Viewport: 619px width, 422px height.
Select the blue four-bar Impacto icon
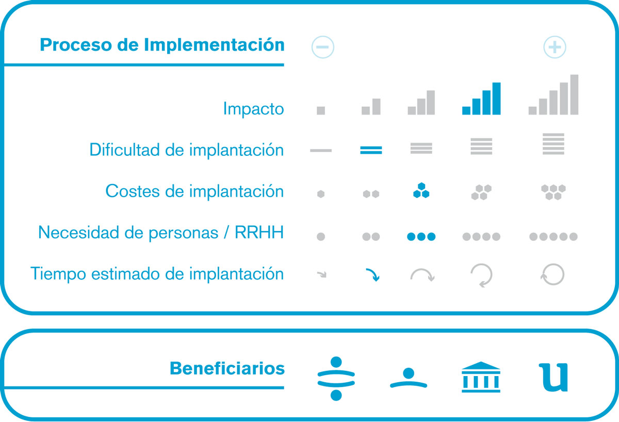tap(481, 99)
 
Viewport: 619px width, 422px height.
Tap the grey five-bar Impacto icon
tap(553, 94)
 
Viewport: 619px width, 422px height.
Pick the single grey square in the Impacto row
tap(321, 110)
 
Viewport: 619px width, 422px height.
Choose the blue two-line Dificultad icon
tap(371, 150)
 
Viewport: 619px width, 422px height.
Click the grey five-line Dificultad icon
tap(553, 144)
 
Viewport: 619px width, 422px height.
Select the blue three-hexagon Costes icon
tap(421, 190)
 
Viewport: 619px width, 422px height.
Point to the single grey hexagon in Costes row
tap(321, 194)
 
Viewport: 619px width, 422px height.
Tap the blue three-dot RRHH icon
tap(421, 237)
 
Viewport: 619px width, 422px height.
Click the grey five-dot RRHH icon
tap(553, 237)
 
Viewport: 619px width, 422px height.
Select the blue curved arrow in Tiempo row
tap(373, 274)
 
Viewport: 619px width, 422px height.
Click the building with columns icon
tap(481, 377)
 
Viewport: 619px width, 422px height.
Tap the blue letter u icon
tap(553, 378)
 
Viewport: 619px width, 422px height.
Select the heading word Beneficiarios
tap(227, 368)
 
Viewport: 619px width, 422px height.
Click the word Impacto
tap(253, 109)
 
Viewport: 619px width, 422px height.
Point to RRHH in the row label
tap(259, 232)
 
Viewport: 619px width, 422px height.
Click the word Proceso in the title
tap(75, 45)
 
